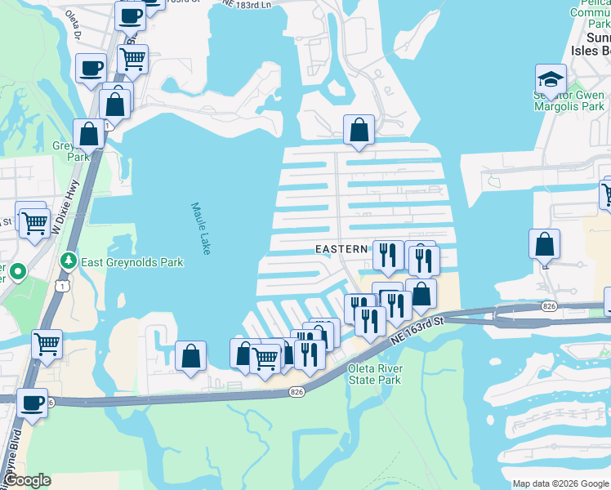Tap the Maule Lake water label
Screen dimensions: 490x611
click(201, 229)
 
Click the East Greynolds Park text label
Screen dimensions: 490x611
click(132, 263)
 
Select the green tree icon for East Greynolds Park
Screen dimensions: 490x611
click(69, 262)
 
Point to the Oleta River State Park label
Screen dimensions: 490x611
click(375, 374)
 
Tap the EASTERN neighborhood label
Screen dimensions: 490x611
click(342, 249)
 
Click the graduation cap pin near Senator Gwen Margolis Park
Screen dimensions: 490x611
click(551, 79)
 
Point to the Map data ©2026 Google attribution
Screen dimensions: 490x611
click(560, 483)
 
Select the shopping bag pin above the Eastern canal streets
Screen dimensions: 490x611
click(359, 129)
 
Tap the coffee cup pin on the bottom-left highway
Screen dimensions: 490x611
click(33, 403)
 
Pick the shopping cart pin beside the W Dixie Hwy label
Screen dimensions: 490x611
click(33, 222)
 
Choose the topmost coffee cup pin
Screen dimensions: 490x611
click(129, 14)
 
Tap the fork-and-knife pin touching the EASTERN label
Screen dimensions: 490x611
click(388, 255)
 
